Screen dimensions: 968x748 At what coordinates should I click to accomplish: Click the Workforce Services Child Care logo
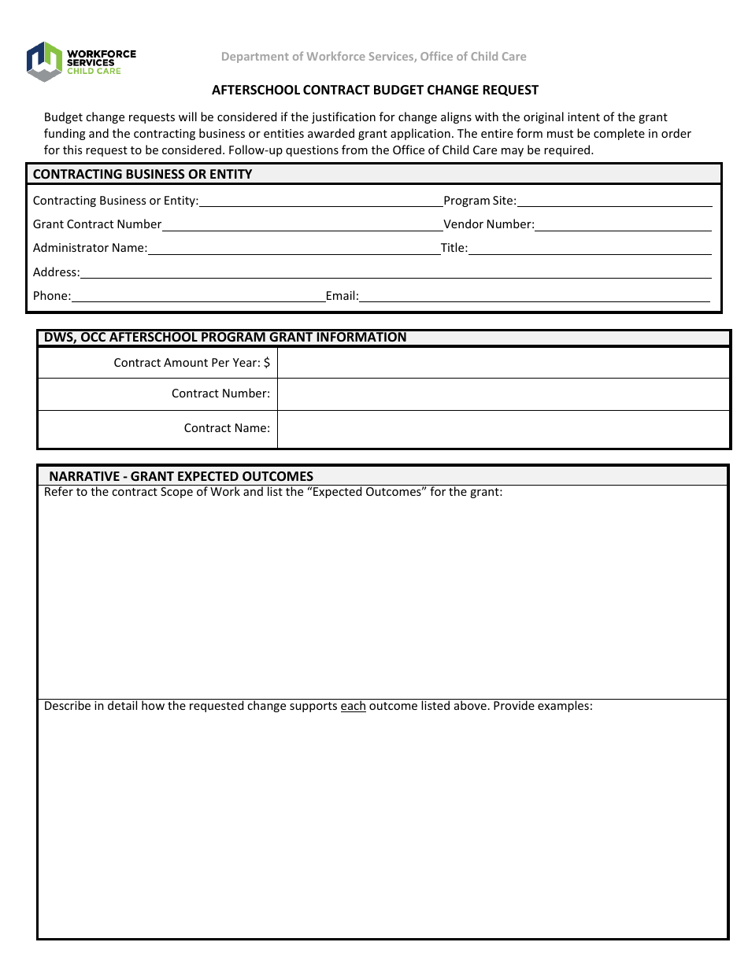tap(80, 61)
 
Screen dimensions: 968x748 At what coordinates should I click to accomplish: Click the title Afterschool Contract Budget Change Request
tap(375, 91)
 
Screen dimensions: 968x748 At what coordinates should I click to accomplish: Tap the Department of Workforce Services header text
tap(373, 57)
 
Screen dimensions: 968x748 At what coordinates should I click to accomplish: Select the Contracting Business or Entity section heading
tap(143, 174)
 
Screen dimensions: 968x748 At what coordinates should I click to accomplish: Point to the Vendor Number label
tap(488, 224)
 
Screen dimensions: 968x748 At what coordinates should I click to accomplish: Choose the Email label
tap(342, 296)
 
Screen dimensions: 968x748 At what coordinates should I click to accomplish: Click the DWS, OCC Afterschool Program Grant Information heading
tap(225, 338)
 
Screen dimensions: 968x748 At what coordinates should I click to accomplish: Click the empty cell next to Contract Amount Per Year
tap(503, 363)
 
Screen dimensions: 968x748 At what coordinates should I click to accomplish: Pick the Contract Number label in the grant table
tap(220, 393)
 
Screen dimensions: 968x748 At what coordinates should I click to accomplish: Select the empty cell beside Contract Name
tap(503, 429)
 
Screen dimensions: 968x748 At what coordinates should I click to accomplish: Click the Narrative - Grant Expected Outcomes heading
tap(181, 476)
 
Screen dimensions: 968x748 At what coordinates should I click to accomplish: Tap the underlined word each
tap(353, 706)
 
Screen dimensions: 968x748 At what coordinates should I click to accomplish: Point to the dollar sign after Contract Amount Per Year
tap(267, 363)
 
